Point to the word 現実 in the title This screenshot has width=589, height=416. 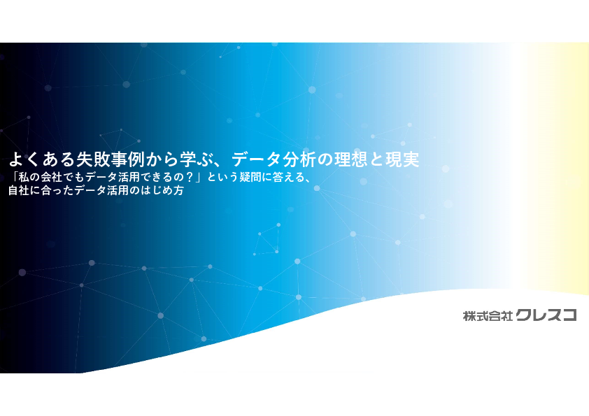403,159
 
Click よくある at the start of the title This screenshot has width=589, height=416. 42,159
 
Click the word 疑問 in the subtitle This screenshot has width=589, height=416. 250,177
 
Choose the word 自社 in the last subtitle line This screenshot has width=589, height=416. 20,190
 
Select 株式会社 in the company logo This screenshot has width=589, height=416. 488,316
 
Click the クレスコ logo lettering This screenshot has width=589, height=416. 546,315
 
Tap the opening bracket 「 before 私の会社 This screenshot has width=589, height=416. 13,176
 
